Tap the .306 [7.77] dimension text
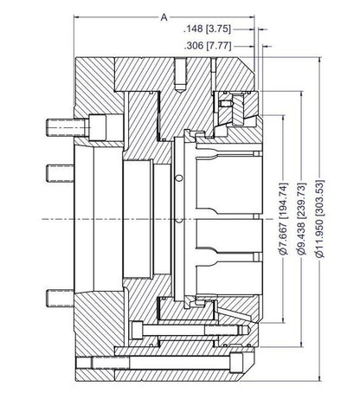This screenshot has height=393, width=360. click(x=212, y=47)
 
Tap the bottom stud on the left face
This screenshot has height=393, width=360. click(x=60, y=300)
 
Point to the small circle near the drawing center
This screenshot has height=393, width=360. click(x=179, y=178)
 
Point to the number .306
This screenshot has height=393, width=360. click(x=196, y=47)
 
